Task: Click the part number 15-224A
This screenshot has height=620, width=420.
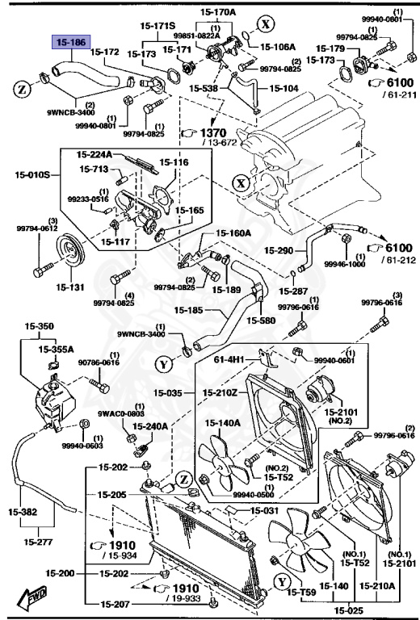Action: (94, 155)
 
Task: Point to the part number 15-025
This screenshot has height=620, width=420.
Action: (349, 610)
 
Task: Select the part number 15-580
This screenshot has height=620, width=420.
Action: (263, 320)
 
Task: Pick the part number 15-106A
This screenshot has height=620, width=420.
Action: (278, 46)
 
